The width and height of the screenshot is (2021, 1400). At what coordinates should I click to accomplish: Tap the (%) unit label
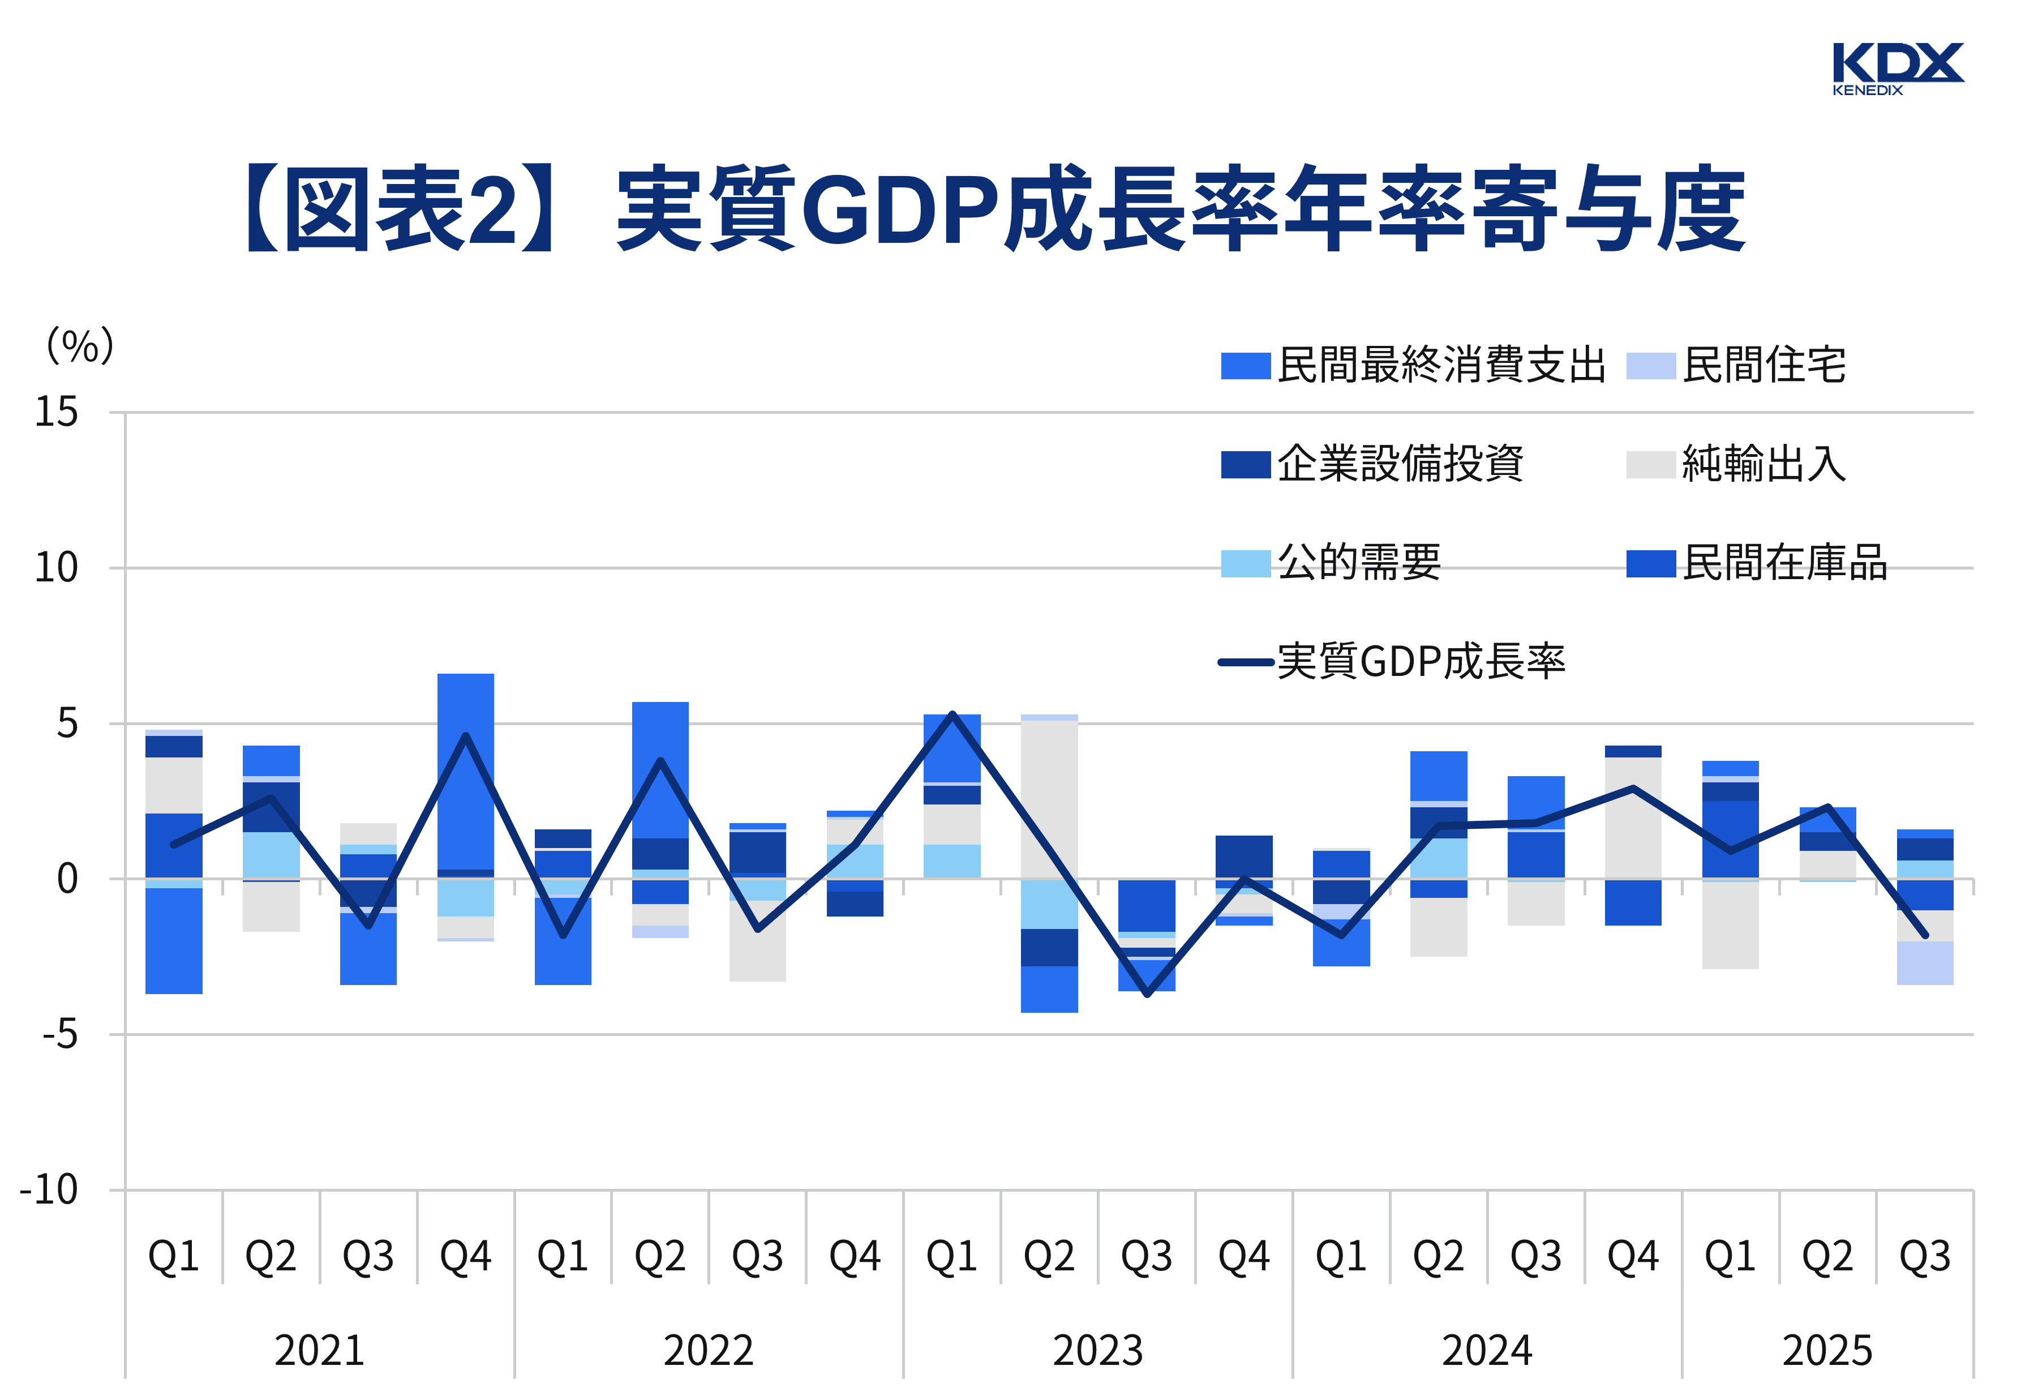pos(80,346)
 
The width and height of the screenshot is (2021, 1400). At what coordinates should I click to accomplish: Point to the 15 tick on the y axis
pos(56,412)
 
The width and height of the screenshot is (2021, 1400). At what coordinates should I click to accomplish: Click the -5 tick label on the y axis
pos(59,1034)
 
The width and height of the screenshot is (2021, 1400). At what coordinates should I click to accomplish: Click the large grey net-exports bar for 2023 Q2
pos(1049,798)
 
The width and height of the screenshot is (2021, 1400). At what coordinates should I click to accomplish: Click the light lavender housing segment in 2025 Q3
pos(1925,962)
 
